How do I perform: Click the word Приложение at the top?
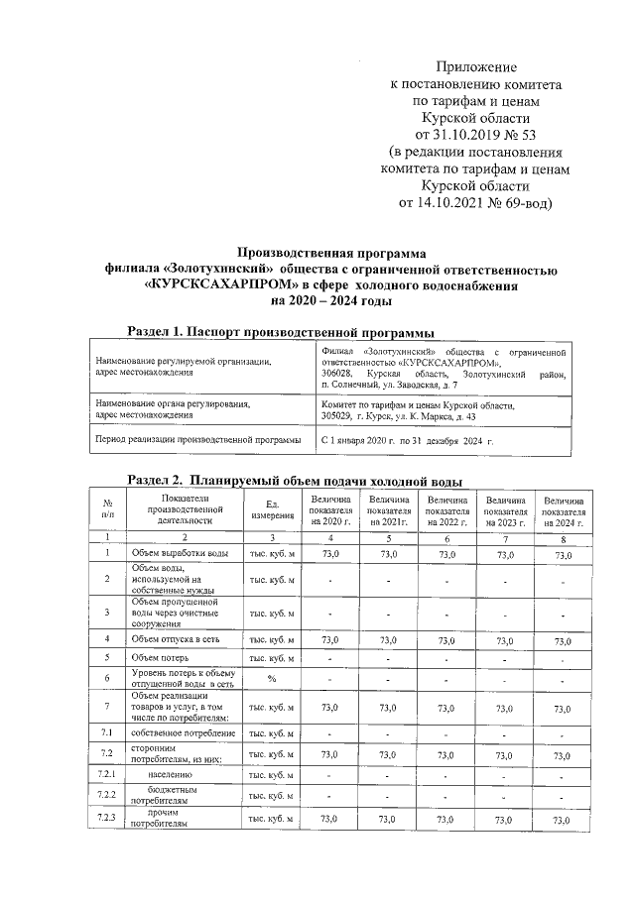tap(478, 67)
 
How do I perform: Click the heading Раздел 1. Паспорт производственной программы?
tap(282, 330)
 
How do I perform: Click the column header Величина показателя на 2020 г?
tap(330, 510)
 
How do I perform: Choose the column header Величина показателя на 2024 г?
tap(563, 510)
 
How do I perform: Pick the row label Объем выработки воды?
tap(182, 553)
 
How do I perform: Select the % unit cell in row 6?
tap(271, 679)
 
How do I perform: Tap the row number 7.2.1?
tap(106, 773)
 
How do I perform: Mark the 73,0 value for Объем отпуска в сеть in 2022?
tap(447, 640)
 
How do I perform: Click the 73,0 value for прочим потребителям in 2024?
tap(563, 821)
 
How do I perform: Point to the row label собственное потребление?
tap(182, 733)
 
